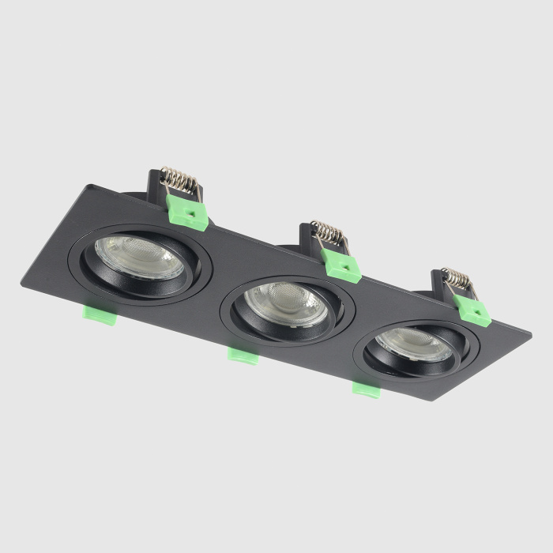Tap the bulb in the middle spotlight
pos(284,301)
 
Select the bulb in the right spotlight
pos(414,342)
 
